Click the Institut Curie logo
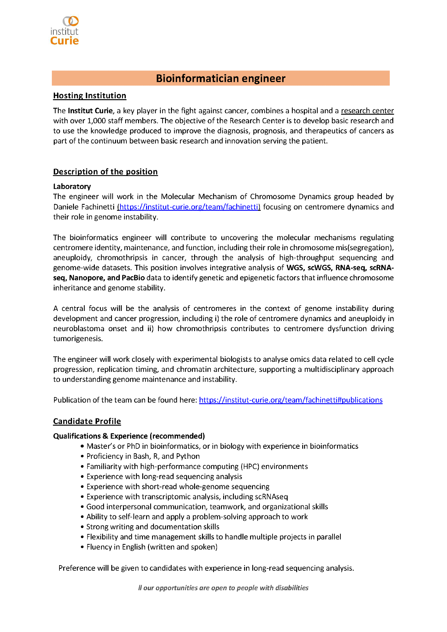[x=64, y=31]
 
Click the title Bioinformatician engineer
[x=221, y=78]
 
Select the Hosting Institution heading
[x=89, y=96]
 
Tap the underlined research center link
[x=367, y=111]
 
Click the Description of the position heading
[x=105, y=172]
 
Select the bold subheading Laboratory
[x=72, y=186]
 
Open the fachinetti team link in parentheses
[x=189, y=207]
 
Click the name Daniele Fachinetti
[x=84, y=207]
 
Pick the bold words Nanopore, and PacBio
[x=107, y=278]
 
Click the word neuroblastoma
[x=79, y=329]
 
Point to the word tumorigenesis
[x=78, y=339]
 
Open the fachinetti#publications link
[x=291, y=400]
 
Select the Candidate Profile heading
[x=87, y=422]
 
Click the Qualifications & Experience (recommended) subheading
[x=129, y=436]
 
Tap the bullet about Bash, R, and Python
[x=143, y=456]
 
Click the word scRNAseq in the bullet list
[x=272, y=497]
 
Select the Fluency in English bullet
[x=152, y=547]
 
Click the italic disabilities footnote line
[x=223, y=588]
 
